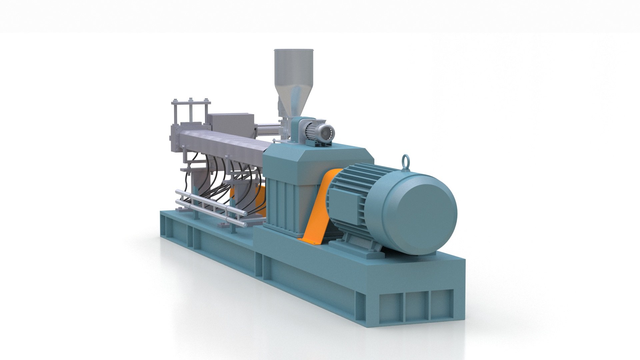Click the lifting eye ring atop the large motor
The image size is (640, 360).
(406, 160)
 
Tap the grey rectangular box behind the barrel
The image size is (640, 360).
(230, 122)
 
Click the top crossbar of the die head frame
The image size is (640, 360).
(190, 101)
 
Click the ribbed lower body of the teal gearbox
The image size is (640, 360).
(283, 200)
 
